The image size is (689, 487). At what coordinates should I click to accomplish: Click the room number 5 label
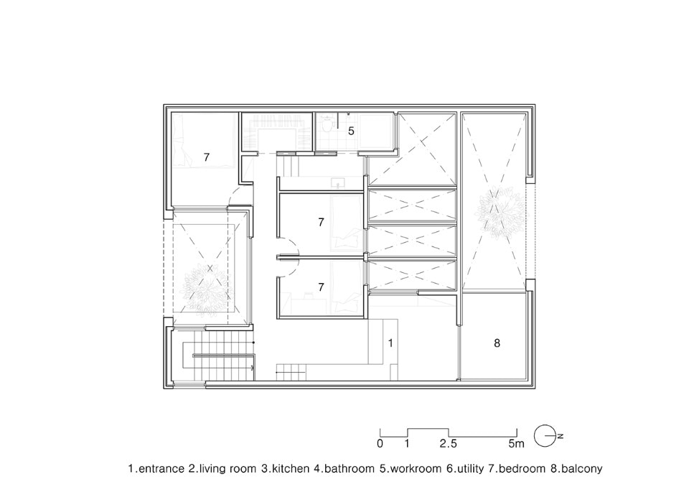tap(351, 131)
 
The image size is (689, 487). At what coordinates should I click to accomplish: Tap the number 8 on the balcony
tap(497, 343)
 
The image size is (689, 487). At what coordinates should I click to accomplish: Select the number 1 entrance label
tap(390, 343)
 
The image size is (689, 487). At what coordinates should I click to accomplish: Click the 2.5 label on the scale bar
tap(448, 444)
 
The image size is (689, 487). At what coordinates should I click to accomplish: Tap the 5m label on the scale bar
tap(516, 444)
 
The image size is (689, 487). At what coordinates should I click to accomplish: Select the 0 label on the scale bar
tap(380, 444)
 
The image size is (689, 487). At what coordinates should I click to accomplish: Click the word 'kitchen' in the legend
tap(291, 468)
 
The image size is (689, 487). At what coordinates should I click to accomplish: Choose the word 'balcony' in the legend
tap(582, 469)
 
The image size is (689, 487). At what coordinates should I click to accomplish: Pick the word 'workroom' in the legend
tap(415, 468)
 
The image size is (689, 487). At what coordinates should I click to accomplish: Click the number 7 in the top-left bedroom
tap(207, 157)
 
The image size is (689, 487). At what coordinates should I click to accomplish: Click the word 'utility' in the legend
tap(470, 469)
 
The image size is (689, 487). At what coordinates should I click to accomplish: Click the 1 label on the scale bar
tap(408, 444)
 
